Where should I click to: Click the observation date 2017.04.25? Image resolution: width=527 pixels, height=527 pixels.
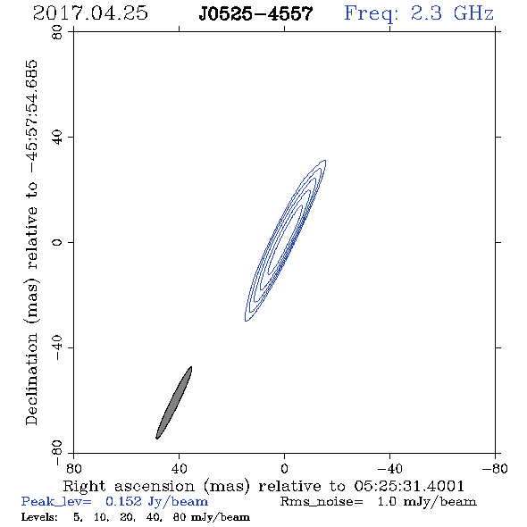90,13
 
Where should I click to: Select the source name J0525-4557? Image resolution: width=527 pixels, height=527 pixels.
255,13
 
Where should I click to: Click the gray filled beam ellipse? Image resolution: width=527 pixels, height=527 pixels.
174,403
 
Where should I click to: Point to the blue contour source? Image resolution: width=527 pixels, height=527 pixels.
286,240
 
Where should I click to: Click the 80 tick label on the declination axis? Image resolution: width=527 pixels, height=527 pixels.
57,32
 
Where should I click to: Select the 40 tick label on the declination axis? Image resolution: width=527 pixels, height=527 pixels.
57,138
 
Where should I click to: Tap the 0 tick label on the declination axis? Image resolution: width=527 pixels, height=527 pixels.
57,242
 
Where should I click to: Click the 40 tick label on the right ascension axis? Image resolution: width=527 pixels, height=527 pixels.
179,468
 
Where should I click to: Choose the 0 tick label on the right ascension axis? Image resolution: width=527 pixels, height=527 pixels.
284,468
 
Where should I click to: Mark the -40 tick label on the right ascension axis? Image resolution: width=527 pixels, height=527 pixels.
389,468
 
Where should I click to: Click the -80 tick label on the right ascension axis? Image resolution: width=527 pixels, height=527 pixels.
494,468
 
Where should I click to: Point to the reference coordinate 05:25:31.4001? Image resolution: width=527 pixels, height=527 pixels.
409,486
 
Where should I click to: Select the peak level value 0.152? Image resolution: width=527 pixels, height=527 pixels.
123,501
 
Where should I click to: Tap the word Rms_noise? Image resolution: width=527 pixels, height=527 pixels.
322,502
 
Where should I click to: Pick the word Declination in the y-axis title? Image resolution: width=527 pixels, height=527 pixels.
31,379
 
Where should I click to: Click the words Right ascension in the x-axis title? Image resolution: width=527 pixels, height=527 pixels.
129,486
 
